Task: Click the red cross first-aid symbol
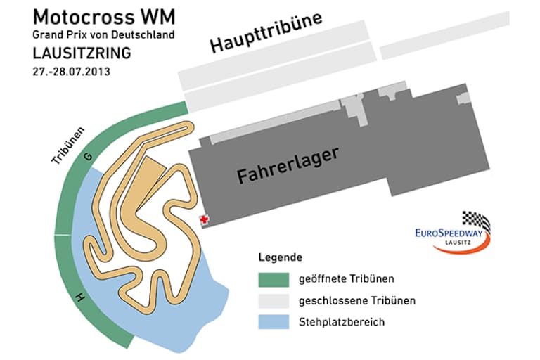pyautogui.click(x=205, y=220)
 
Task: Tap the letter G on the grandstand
pyautogui.click(x=87, y=159)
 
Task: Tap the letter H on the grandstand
pyautogui.click(x=80, y=298)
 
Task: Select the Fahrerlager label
pyautogui.click(x=288, y=165)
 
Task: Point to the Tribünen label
pyautogui.click(x=68, y=145)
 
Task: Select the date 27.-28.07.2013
pyautogui.click(x=71, y=72)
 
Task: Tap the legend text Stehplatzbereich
pyautogui.click(x=342, y=323)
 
